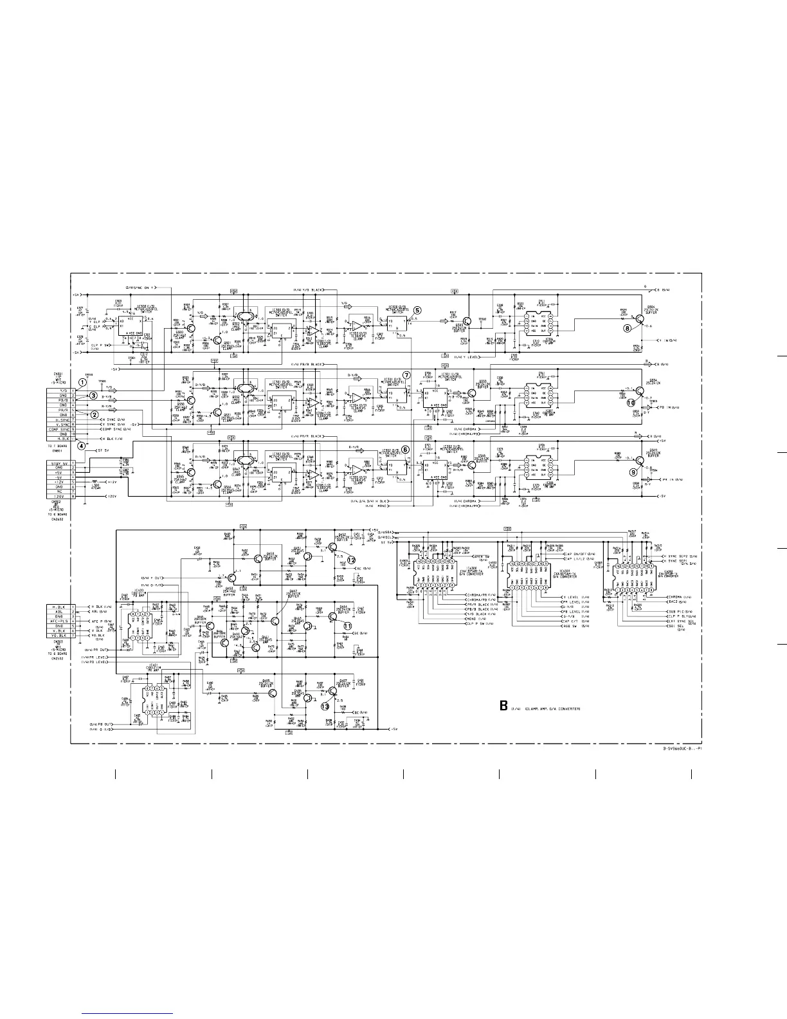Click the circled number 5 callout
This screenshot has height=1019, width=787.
tap(417, 310)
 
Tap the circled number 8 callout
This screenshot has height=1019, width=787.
tap(628, 328)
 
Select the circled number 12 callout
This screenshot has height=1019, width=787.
tap(351, 560)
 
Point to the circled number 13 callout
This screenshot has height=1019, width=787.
tap(325, 706)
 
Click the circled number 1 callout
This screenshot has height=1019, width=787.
tap(82, 382)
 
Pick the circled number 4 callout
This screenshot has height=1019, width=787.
tap(82, 445)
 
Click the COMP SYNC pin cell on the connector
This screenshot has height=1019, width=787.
tap(58, 429)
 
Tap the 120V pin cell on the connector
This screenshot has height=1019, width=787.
tap(58, 496)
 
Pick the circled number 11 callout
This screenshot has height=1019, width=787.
tap(347, 626)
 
